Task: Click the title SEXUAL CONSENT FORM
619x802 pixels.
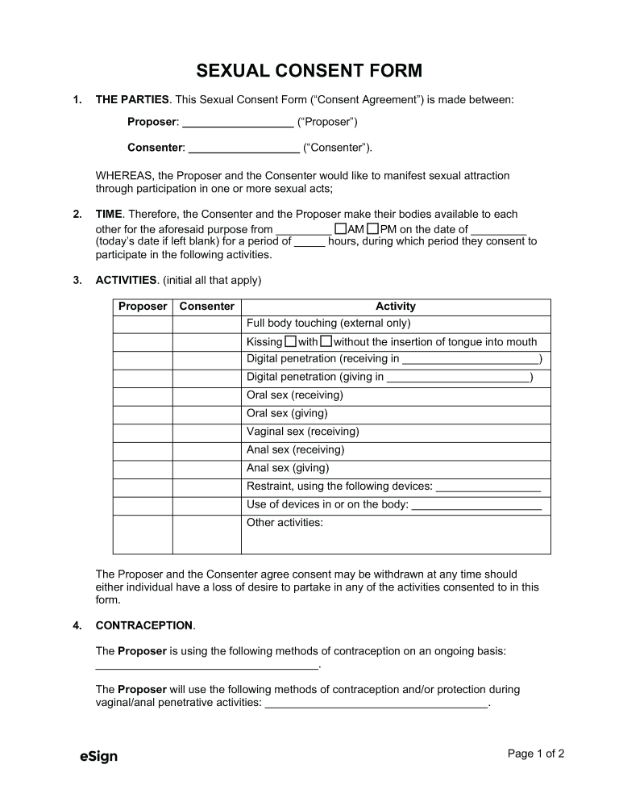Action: pyautogui.click(x=309, y=71)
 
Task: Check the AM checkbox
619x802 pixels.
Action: pyautogui.click(x=340, y=229)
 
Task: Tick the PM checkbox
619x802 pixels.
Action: pyautogui.click(x=372, y=229)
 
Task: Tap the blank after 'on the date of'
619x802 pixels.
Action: pyautogui.click(x=497, y=231)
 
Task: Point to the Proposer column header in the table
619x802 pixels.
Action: pyautogui.click(x=143, y=307)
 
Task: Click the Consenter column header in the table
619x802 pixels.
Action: pyautogui.click(x=207, y=307)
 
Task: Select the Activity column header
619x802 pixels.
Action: pyautogui.click(x=396, y=307)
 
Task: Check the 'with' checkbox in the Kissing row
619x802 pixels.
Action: pyautogui.click(x=291, y=341)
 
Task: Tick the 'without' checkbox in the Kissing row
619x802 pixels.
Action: pyautogui.click(x=326, y=341)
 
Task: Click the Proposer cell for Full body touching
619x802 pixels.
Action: pyautogui.click(x=143, y=324)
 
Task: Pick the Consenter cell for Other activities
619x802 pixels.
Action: pyautogui.click(x=207, y=534)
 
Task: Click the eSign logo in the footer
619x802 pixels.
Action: pyautogui.click(x=98, y=756)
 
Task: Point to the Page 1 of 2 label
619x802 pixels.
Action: pyautogui.click(x=535, y=754)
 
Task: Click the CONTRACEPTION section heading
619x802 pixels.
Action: pyautogui.click(x=144, y=625)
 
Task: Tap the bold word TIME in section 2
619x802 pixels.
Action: pyautogui.click(x=109, y=215)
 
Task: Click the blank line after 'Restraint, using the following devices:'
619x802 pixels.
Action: pyautogui.click(x=488, y=488)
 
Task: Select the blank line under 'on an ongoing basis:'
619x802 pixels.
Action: pyautogui.click(x=207, y=666)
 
